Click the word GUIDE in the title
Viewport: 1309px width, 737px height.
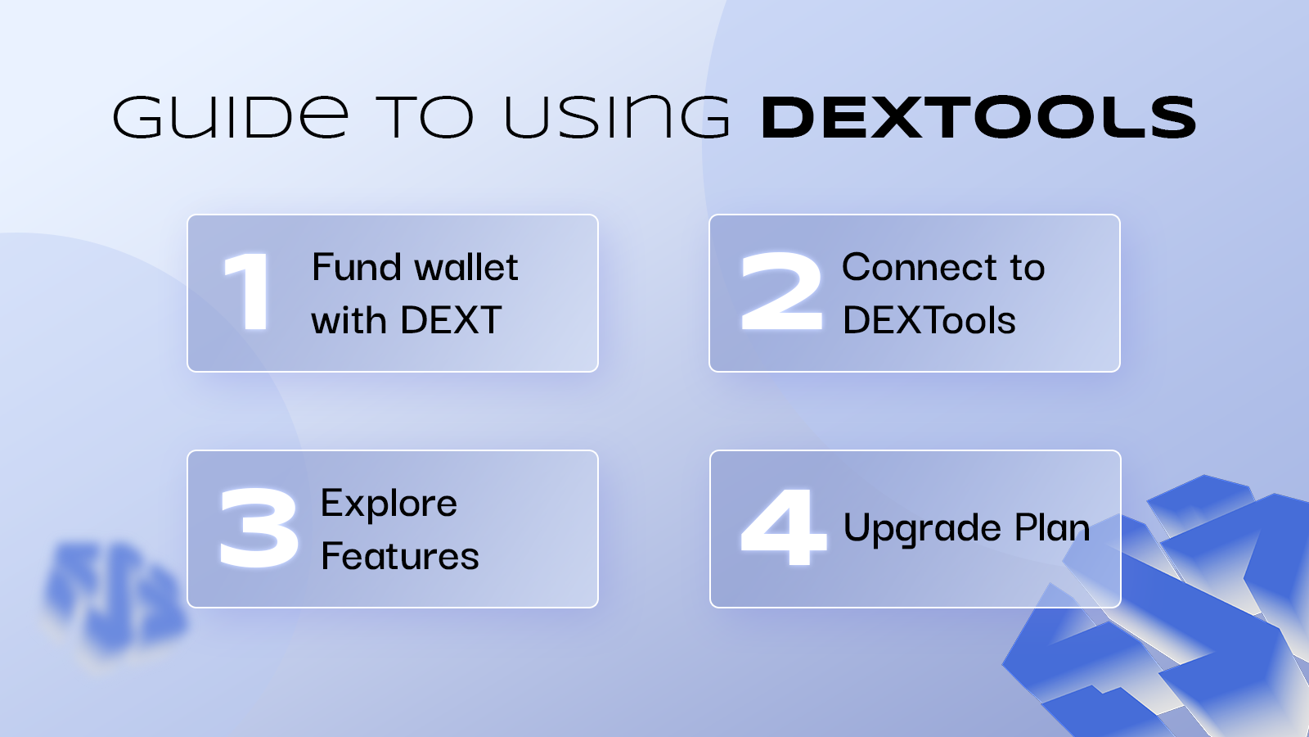(231, 117)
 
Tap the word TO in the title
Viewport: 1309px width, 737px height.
(425, 117)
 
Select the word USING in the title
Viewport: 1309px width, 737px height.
(617, 117)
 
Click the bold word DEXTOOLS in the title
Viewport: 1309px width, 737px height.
(978, 117)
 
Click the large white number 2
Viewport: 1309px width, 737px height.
(781, 291)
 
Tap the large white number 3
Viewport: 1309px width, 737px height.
(259, 527)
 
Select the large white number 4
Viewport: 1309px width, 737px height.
(783, 527)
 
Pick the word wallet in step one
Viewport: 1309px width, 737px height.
(466, 267)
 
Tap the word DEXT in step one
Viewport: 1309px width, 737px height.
(451, 320)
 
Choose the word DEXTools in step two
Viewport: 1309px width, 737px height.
(929, 320)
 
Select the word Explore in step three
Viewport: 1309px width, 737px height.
(389, 504)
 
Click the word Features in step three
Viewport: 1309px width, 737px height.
(400, 556)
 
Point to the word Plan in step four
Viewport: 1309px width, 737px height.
(1052, 527)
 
